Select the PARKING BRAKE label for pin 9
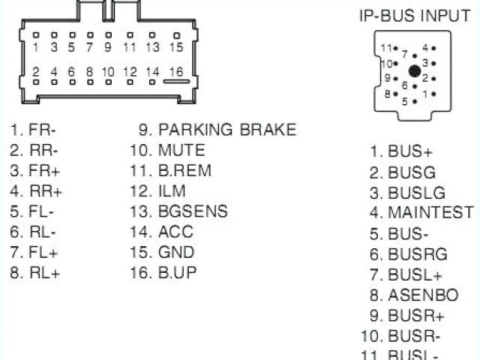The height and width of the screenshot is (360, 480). (226, 130)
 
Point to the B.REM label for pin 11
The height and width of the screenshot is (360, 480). (184, 171)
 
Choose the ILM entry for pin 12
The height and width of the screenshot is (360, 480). (172, 191)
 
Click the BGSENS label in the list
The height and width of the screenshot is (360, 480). (193, 211)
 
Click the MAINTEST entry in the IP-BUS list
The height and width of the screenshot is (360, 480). (430, 212)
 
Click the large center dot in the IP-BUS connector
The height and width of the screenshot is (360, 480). (413, 71)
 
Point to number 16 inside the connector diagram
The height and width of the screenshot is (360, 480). (175, 72)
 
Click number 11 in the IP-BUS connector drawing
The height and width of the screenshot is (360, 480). (385, 48)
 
